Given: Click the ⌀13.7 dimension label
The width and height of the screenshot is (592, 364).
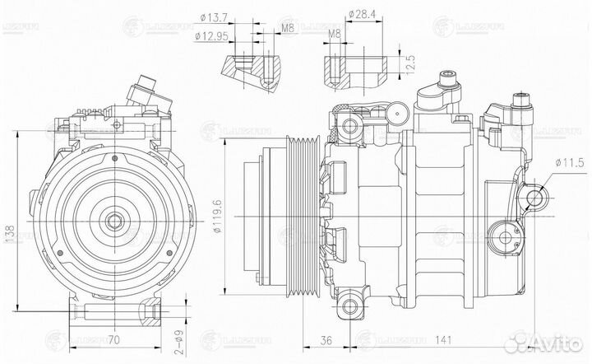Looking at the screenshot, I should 215,16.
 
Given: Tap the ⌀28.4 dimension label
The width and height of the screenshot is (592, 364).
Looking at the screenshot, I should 362,14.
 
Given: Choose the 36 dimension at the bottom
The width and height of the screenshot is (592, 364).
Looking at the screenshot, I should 326,338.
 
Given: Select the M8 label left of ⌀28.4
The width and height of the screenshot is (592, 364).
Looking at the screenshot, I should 333,34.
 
